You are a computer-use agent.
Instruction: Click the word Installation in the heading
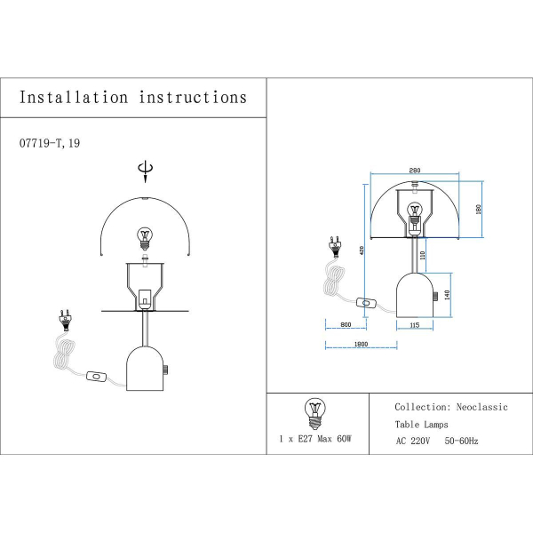74,98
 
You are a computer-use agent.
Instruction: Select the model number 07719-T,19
55,142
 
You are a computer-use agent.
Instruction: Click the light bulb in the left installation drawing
145,237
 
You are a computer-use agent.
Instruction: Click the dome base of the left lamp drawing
145,366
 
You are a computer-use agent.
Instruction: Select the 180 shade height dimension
477,210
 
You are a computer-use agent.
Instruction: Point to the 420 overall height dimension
362,251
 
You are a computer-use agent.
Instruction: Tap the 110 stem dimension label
423,255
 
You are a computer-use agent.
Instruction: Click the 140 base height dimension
448,294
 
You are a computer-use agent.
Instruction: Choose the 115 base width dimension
414,326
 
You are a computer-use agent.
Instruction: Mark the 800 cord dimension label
346,326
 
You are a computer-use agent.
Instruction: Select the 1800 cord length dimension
361,344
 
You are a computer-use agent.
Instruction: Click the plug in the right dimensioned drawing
336,243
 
